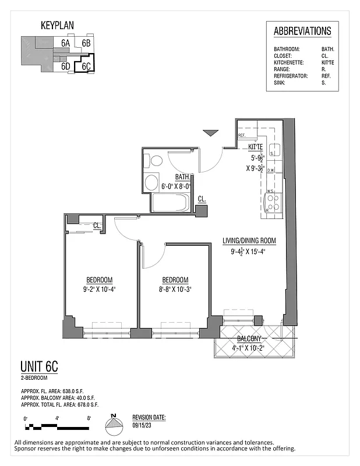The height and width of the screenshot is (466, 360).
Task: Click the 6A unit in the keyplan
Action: click(66, 43)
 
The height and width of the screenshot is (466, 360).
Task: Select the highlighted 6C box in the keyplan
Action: click(86, 66)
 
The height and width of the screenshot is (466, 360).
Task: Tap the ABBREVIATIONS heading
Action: click(302, 31)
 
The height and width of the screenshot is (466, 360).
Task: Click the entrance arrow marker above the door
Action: click(210, 133)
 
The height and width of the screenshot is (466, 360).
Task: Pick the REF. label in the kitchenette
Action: click(242, 136)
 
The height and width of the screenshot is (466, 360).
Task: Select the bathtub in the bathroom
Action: click(170, 203)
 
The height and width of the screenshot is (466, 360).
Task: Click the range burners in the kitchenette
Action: click(273, 202)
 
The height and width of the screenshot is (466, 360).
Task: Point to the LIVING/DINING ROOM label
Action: click(249, 241)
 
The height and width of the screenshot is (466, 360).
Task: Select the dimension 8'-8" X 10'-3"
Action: click(175, 288)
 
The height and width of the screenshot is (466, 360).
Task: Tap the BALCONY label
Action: click(251, 339)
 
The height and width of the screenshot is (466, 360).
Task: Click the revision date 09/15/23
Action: click(142, 426)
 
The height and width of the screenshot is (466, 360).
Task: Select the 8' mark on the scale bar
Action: click(89, 418)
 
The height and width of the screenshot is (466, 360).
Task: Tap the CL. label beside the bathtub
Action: click(202, 199)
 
